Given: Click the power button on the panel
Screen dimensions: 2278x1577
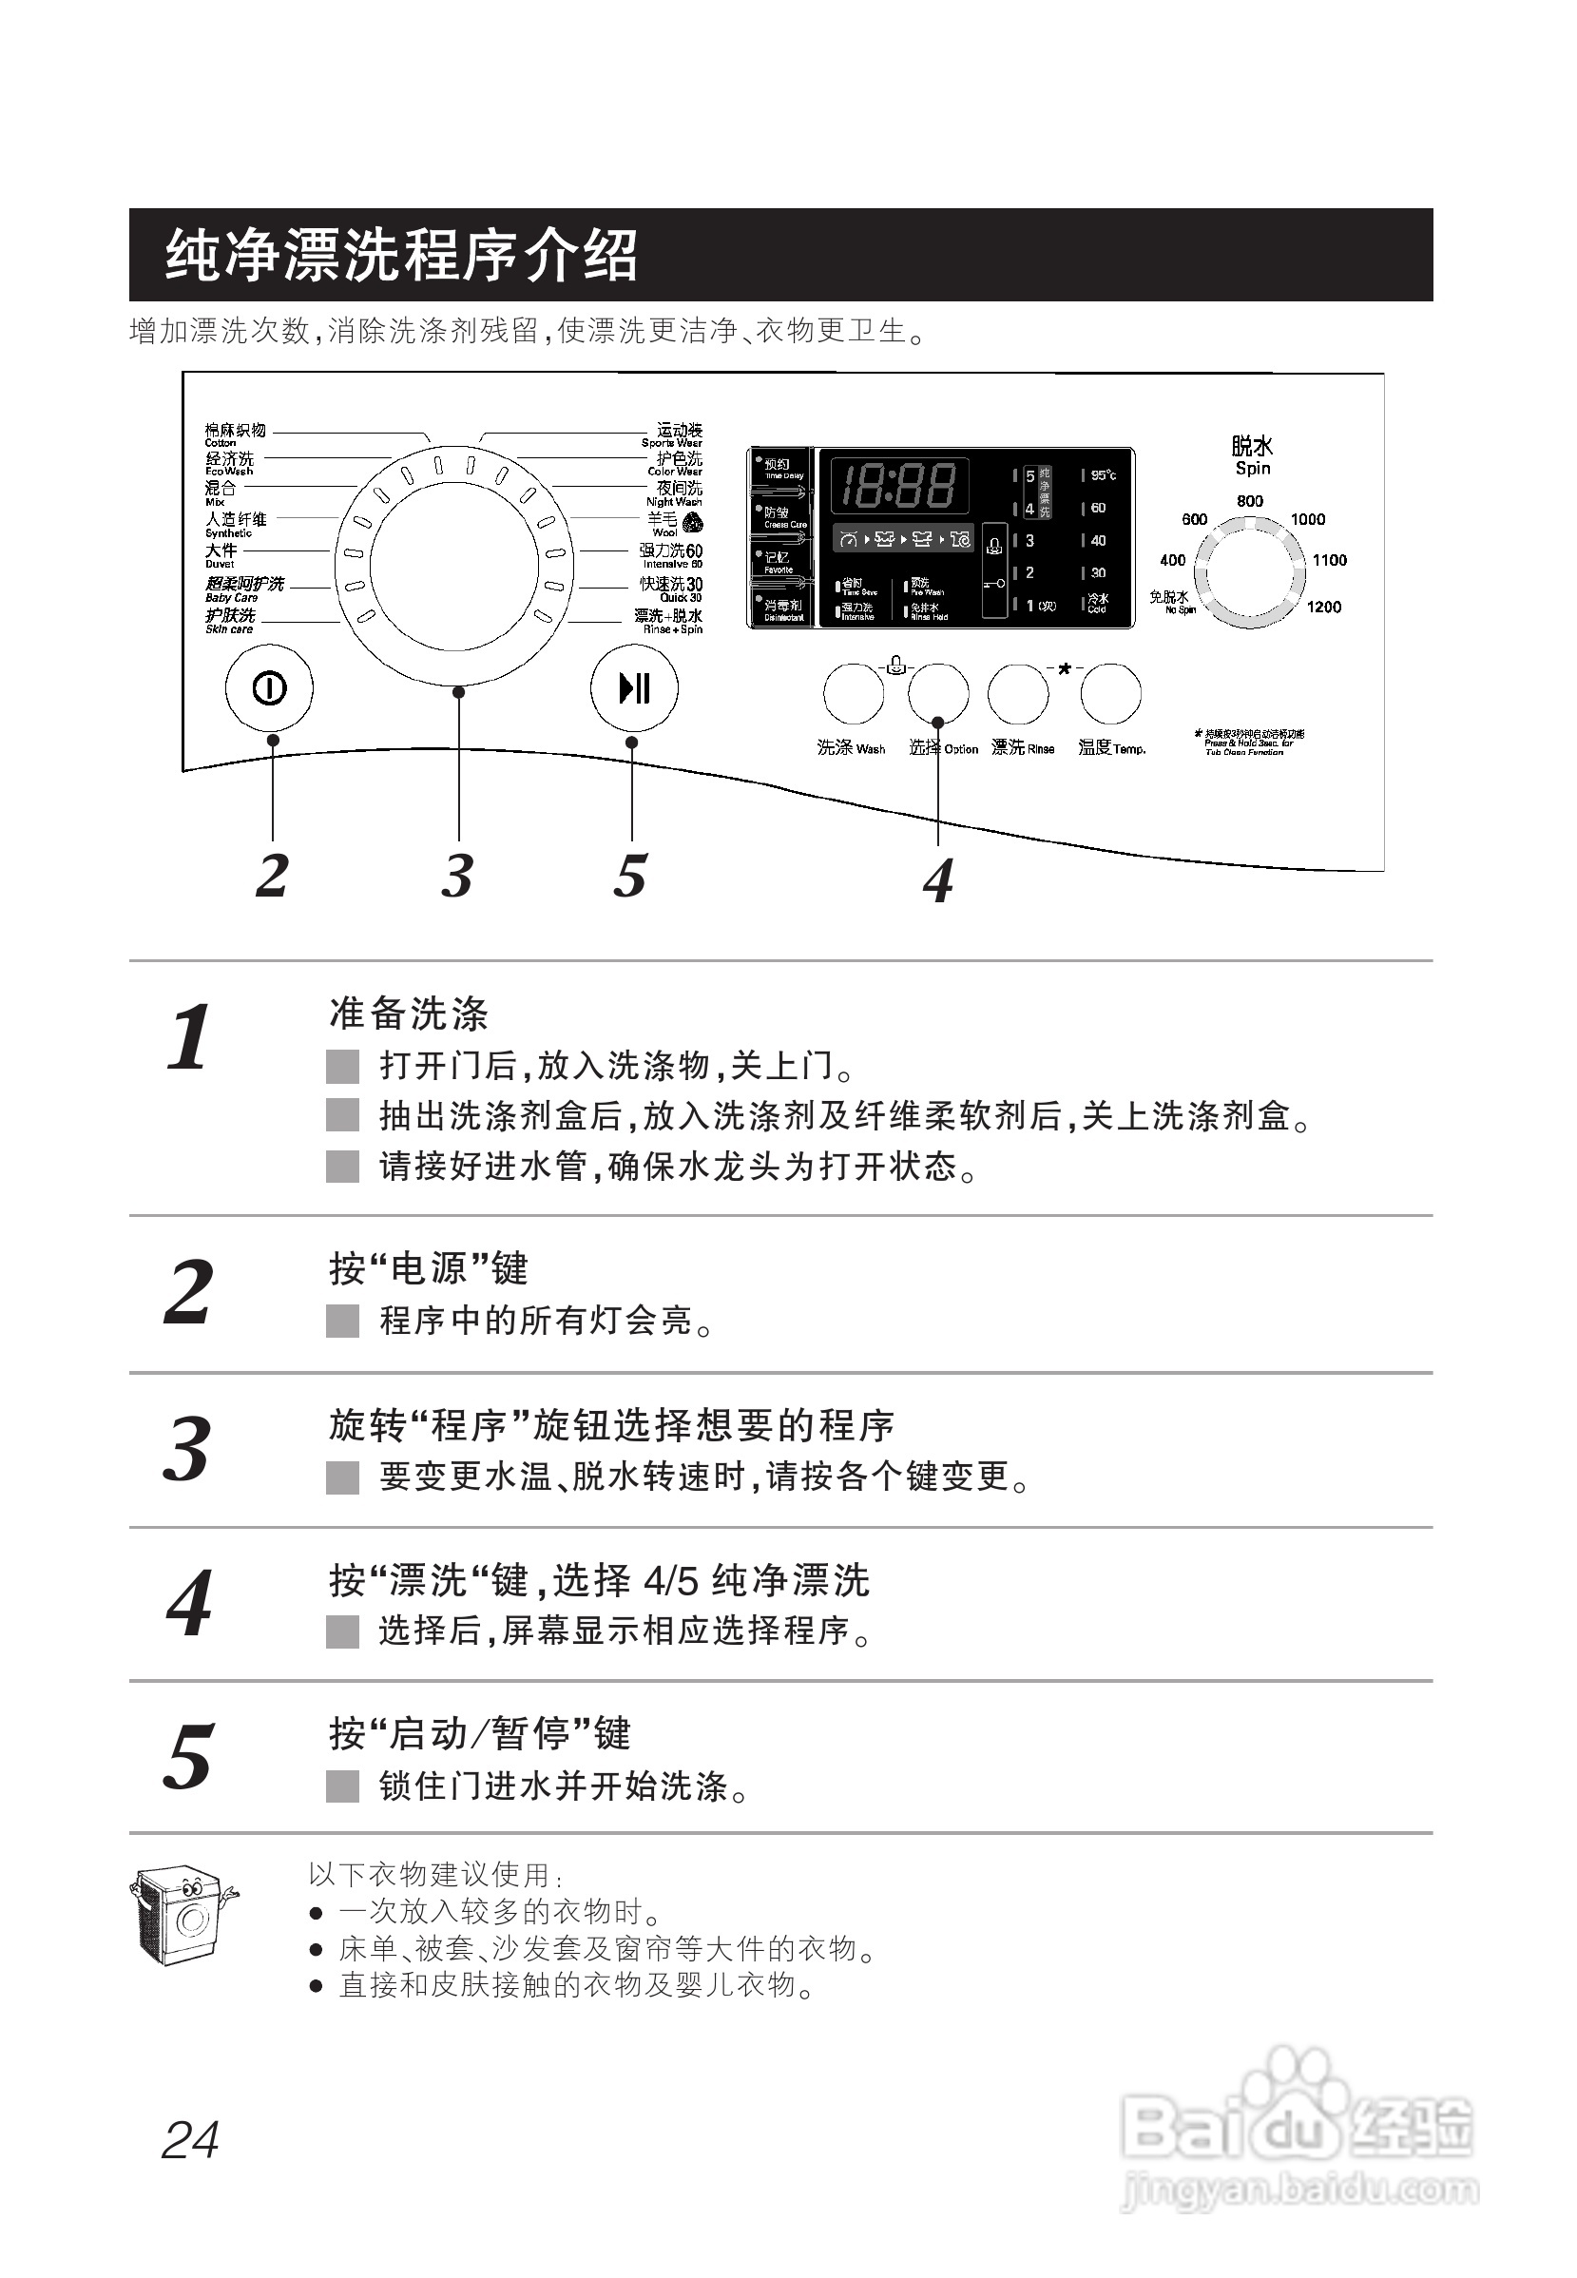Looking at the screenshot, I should click(x=269, y=687).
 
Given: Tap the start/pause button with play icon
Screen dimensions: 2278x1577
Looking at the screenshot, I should click(x=633, y=687).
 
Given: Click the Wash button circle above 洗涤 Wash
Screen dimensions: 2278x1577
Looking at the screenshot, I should click(x=854, y=693).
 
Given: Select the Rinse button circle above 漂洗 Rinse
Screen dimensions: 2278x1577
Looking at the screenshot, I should click(x=1018, y=693).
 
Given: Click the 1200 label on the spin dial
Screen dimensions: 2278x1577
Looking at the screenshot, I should click(x=1324, y=607).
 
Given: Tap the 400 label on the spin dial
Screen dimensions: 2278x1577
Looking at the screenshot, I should click(x=1173, y=560).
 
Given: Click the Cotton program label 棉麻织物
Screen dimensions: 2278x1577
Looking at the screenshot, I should click(x=235, y=431).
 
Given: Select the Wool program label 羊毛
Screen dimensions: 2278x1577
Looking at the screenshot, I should click(x=663, y=519).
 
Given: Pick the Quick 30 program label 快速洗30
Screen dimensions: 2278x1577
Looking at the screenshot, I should click(x=671, y=585).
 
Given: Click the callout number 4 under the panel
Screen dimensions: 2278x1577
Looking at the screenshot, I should click(x=937, y=880).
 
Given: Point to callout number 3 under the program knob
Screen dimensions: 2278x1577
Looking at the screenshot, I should click(x=457, y=876).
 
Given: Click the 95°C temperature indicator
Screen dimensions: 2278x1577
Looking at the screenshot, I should click(x=1104, y=476).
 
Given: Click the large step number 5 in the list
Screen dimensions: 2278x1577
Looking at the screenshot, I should click(x=188, y=1757).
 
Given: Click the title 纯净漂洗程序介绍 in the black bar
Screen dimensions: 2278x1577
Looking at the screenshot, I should click(x=401, y=255).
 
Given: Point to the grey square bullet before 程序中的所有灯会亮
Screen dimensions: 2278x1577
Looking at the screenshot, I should click(x=343, y=1322).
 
